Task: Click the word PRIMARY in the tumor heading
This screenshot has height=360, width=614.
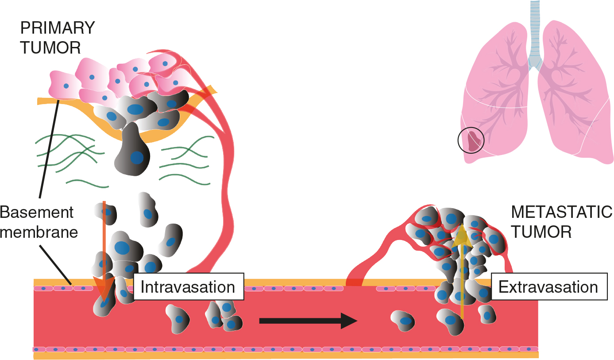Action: tap(58, 28)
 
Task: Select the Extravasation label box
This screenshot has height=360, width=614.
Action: tap(548, 287)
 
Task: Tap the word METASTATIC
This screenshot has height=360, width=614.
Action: tap(561, 213)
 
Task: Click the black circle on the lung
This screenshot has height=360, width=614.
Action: tap(471, 141)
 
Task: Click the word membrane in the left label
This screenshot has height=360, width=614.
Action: tap(39, 232)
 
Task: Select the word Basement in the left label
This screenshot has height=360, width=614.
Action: tap(36, 213)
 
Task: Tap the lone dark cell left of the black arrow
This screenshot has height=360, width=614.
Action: tap(178, 318)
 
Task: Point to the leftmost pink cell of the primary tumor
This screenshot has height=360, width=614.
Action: tap(63, 85)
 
